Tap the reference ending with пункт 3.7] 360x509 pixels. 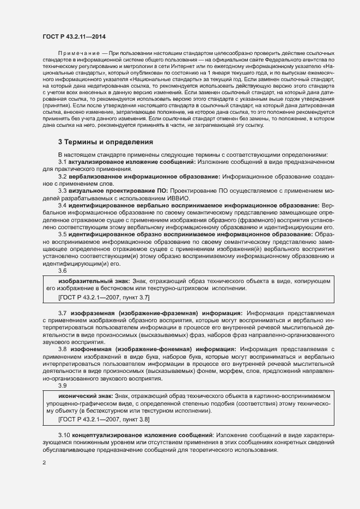click(x=103, y=298)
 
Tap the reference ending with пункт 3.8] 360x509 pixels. click(x=103, y=419)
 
